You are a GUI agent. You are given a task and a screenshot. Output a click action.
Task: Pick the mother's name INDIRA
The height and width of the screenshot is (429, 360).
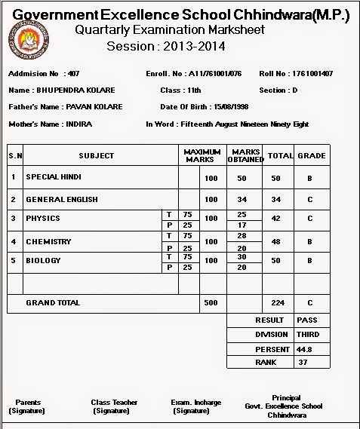click(x=79, y=124)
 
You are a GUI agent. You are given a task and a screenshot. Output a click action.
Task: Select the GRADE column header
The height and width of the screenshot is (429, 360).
click(x=311, y=155)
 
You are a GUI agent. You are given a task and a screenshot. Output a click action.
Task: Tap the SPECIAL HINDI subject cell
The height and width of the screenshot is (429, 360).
click(x=54, y=177)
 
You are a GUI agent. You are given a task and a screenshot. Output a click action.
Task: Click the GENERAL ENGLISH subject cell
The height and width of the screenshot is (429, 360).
click(x=62, y=200)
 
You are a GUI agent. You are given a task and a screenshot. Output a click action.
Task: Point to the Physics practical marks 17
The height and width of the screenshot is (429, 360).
click(x=242, y=225)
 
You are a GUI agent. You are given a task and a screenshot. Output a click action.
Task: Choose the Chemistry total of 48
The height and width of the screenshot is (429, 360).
click(x=276, y=242)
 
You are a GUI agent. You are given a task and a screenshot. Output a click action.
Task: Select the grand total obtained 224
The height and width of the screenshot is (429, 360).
click(x=276, y=303)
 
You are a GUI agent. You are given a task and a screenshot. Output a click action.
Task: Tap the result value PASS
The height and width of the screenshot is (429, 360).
click(x=307, y=320)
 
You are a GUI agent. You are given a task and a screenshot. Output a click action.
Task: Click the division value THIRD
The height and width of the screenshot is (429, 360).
click(x=308, y=334)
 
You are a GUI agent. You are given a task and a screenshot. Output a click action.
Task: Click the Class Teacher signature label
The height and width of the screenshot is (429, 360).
click(x=114, y=406)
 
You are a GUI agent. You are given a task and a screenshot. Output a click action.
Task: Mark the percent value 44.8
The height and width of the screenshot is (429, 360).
click(x=304, y=349)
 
